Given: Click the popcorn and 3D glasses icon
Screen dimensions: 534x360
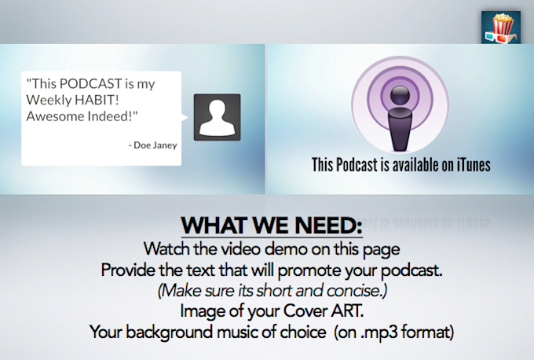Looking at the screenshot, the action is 501,28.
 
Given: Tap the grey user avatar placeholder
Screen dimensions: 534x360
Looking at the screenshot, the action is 218,117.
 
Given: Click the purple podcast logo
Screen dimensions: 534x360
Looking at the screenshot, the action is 400,105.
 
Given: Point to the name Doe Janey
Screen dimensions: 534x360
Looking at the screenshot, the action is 155,145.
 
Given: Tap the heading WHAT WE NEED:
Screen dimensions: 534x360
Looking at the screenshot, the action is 272,226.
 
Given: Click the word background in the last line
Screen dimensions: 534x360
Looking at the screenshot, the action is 170,332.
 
